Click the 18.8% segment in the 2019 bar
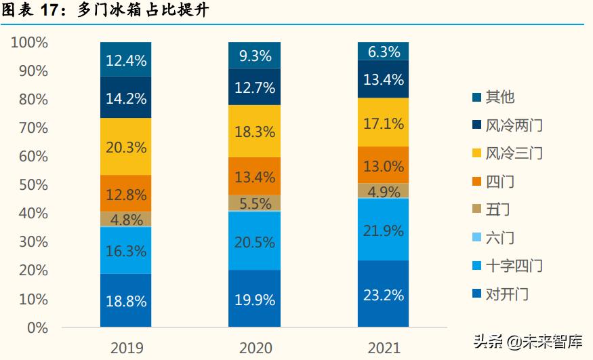[x=125, y=301]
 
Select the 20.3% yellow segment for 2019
[x=125, y=146]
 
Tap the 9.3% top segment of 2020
[x=255, y=56]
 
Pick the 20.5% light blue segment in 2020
[x=255, y=241]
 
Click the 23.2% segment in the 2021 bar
[x=384, y=294]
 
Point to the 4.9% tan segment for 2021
[x=384, y=191]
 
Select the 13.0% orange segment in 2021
[x=384, y=165]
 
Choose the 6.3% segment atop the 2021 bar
[x=384, y=52]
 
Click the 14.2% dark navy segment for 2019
[x=125, y=98]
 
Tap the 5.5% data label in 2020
[x=255, y=203]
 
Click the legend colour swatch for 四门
[x=476, y=182]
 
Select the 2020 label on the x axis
[x=255, y=348]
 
